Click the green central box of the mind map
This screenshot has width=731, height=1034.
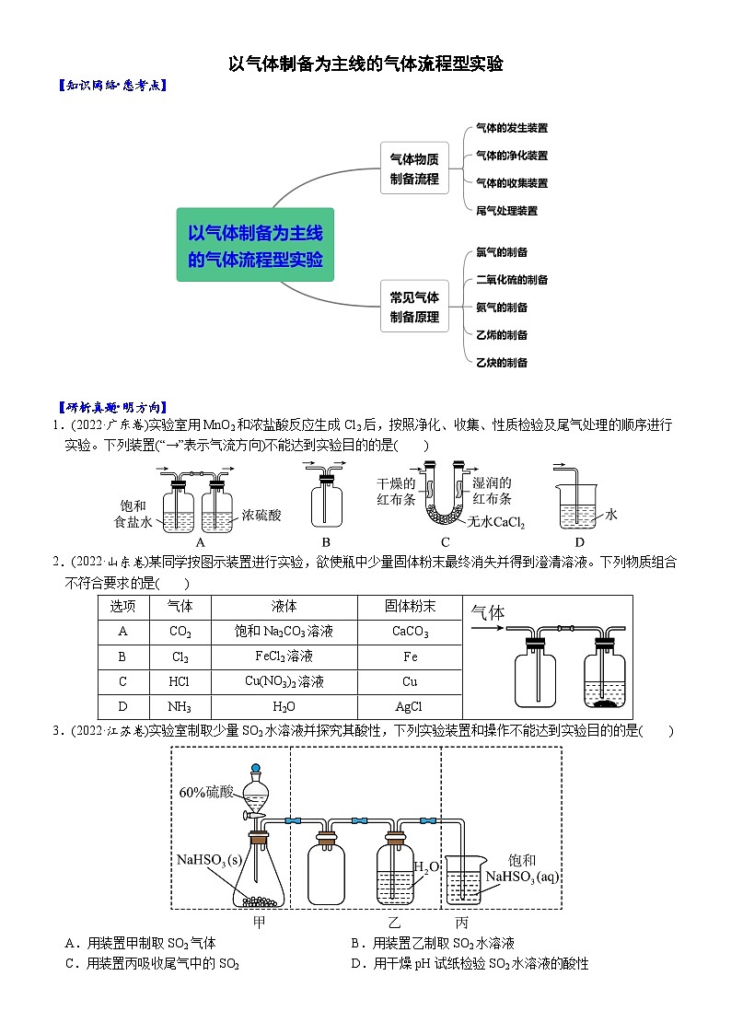click(255, 244)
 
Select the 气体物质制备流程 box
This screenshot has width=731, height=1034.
click(414, 168)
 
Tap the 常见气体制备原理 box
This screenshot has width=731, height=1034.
click(414, 307)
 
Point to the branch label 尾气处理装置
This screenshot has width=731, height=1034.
click(506, 211)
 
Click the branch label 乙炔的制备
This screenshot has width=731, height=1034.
click(502, 363)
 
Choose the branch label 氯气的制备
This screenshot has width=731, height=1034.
click(502, 252)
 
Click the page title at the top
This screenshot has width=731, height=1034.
click(365, 64)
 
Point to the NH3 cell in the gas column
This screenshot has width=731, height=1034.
click(180, 706)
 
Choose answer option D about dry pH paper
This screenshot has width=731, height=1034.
click(470, 964)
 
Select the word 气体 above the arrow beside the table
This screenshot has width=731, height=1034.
click(488, 612)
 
